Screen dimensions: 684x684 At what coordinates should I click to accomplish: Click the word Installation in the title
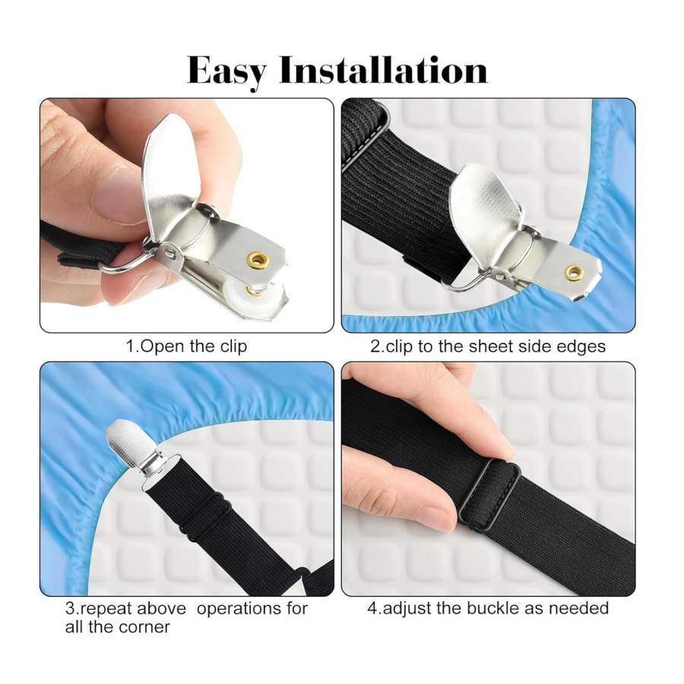384,69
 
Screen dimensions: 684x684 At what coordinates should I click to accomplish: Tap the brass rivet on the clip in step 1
258,260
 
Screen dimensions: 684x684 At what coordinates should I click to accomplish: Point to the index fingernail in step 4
438,518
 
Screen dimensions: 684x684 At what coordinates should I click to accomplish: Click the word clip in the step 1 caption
233,347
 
